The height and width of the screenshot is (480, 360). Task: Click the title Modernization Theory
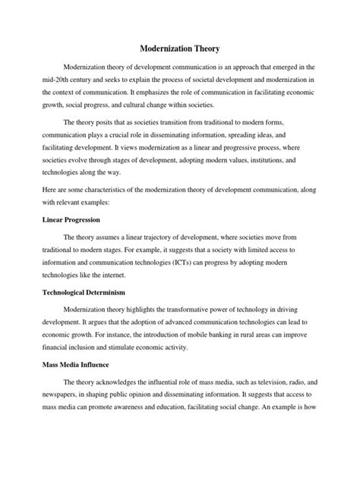click(x=180, y=49)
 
